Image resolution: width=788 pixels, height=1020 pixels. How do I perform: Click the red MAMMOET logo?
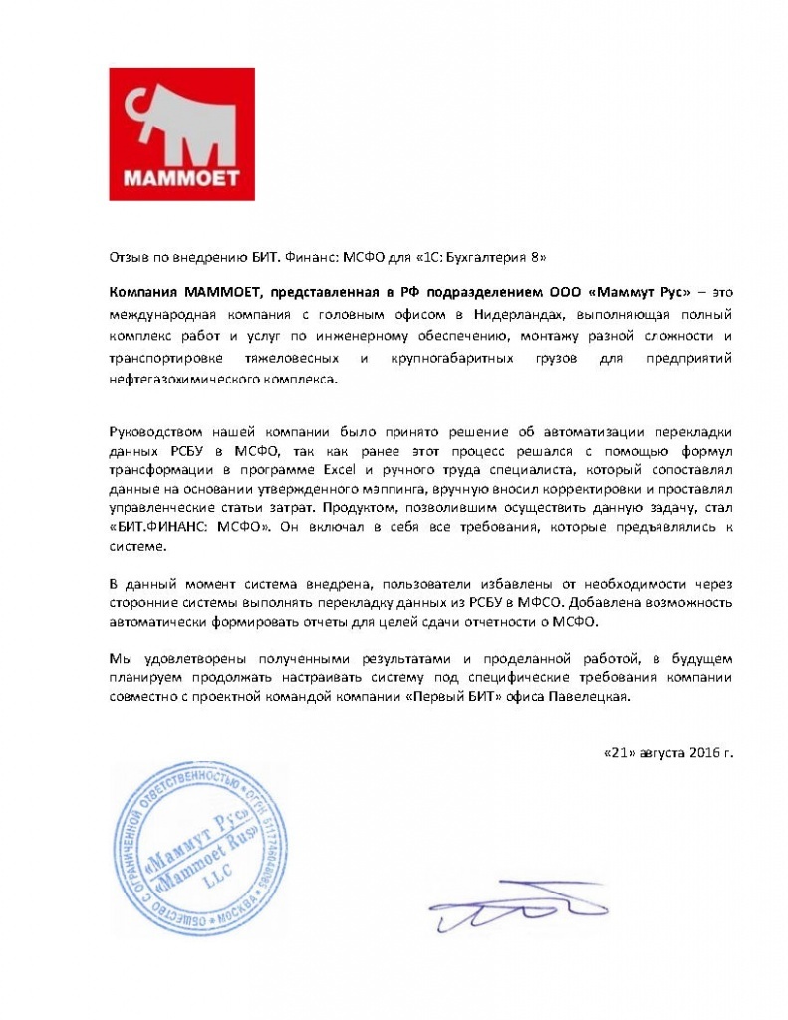(182, 134)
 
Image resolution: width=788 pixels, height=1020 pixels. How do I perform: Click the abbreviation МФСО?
(554, 603)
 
